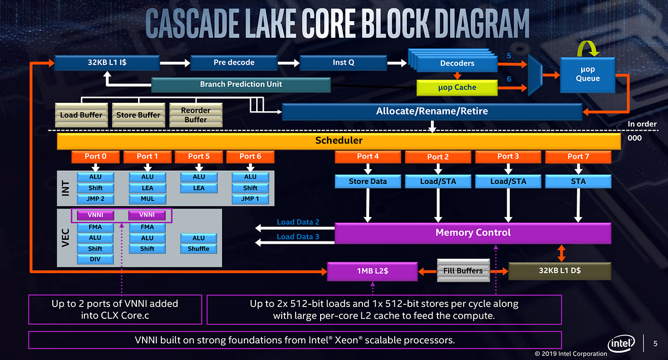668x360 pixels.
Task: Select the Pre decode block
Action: coord(234,62)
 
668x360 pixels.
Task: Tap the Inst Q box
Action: coord(343,62)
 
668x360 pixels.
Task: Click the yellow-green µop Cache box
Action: coord(457,87)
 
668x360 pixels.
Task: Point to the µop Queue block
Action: coord(588,74)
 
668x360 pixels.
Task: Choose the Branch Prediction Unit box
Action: coord(241,85)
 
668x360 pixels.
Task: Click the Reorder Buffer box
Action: coord(195,115)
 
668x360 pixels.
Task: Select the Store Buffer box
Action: coord(138,115)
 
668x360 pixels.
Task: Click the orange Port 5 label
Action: coord(199,156)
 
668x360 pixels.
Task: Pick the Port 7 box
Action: coord(578,156)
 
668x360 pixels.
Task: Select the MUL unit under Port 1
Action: coord(147,199)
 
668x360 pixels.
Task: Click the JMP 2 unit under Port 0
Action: coord(95,199)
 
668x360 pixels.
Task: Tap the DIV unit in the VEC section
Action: coord(95,259)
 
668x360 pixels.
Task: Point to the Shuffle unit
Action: coord(199,249)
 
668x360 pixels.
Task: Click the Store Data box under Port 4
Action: coord(367,181)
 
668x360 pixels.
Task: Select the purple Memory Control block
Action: coord(473,233)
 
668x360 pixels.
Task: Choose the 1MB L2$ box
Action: coord(372,271)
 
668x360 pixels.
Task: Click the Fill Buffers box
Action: coord(463,270)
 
